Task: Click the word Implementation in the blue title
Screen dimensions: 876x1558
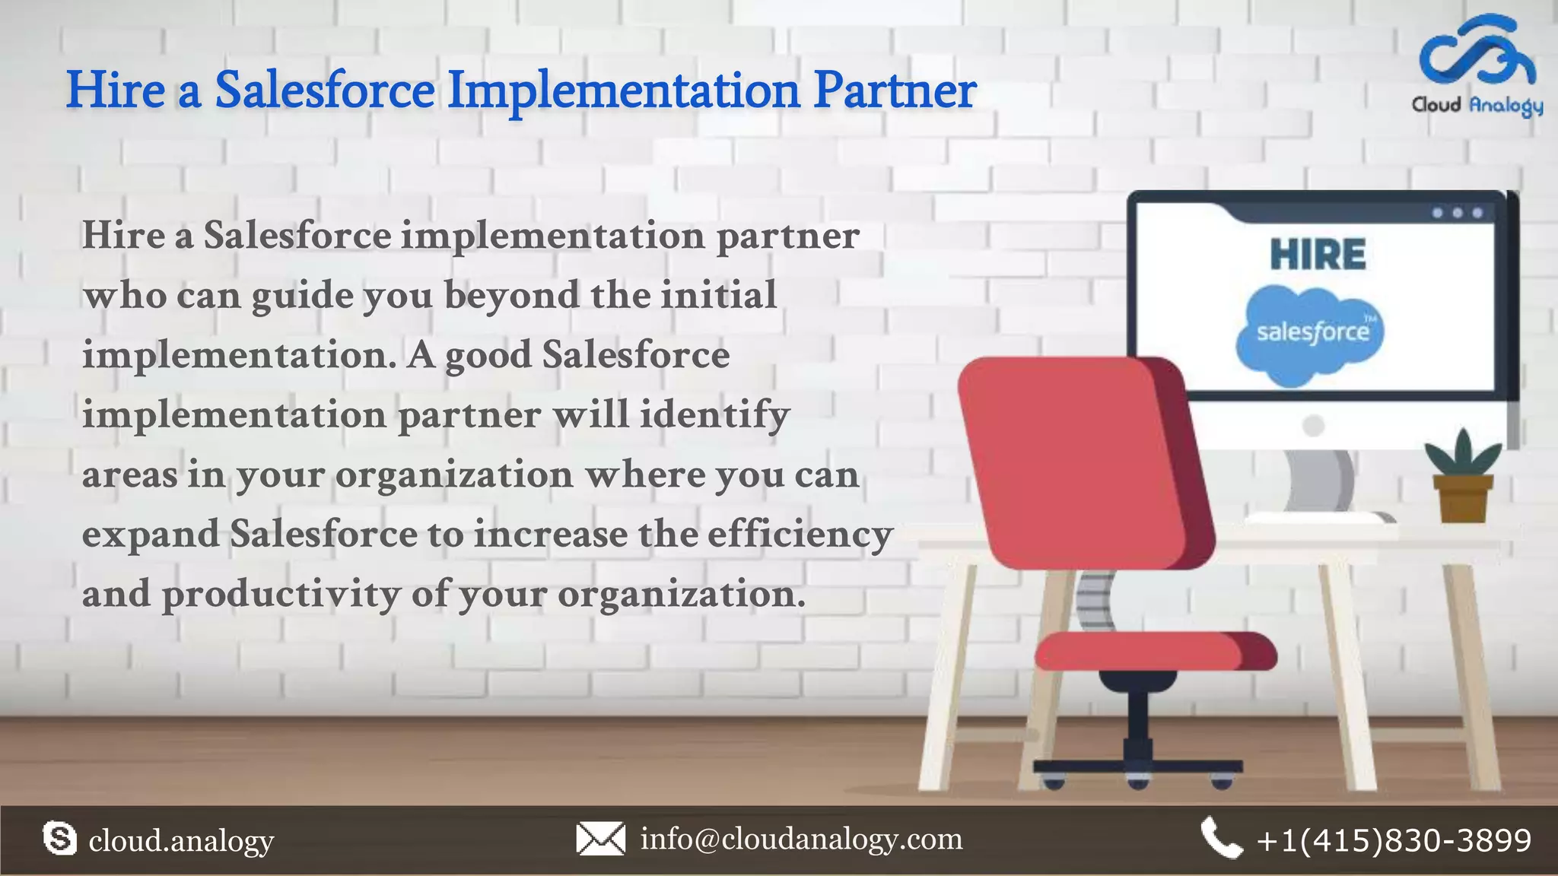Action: tap(623, 90)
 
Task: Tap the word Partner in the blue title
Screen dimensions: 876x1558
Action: tap(895, 90)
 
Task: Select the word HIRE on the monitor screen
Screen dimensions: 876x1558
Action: tap(1318, 254)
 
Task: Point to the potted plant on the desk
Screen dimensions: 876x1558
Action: tap(1461, 479)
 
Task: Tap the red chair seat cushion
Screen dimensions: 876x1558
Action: tap(1153, 652)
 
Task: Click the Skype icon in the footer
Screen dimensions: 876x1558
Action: tap(60, 839)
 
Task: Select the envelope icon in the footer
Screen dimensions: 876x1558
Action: tap(600, 839)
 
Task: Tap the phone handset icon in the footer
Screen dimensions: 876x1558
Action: tap(1220, 839)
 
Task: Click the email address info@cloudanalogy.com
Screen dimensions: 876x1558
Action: tap(801, 839)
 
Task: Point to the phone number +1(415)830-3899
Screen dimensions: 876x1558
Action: tap(1394, 840)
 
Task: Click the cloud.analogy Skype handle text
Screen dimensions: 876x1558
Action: tap(181, 841)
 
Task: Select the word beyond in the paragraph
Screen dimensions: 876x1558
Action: tap(511, 295)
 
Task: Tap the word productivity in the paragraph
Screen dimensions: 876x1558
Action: tap(281, 595)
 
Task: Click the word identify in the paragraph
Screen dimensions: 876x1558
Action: tap(714, 415)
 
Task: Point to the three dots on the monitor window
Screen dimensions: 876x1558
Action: tap(1457, 213)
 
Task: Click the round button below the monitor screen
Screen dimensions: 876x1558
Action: tap(1313, 425)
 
